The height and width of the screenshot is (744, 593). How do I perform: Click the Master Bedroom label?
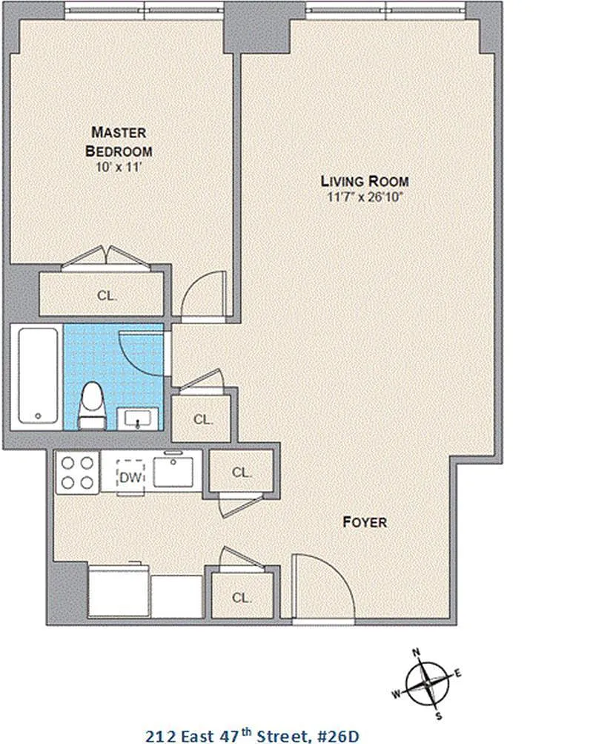pos(119,142)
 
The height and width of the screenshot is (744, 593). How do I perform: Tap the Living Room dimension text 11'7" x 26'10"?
pos(365,197)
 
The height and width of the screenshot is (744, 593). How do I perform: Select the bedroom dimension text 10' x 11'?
pos(119,167)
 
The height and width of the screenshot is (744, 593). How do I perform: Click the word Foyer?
pos(365,522)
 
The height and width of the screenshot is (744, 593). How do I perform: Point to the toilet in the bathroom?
pos(93,406)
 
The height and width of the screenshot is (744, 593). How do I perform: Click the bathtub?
pos(39,375)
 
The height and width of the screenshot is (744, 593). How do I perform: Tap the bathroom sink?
pos(137,418)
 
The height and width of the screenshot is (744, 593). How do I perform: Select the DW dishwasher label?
pos(130,478)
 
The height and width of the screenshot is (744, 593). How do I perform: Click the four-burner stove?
pos(77,472)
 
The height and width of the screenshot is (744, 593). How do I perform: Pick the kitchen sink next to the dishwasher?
pos(173,471)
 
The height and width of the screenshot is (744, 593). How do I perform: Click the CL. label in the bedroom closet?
pos(107,296)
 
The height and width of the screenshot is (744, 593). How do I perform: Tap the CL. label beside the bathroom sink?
pos(203,419)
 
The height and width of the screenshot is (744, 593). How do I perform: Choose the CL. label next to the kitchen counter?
pos(242,473)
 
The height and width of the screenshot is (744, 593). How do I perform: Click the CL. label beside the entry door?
pos(242,598)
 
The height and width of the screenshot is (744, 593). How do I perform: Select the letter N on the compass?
pos(417,653)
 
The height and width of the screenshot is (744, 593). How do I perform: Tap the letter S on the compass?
pos(439,716)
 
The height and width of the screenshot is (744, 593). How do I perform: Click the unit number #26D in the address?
pos(337,736)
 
